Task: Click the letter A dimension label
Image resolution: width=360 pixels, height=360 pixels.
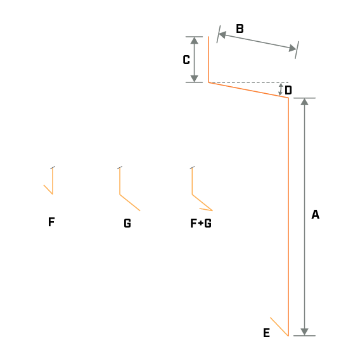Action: [315, 214]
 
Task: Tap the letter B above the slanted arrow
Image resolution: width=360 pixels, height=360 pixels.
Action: [240, 29]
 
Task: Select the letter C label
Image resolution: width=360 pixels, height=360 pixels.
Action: [186, 60]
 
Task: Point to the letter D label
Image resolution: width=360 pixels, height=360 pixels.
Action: [288, 90]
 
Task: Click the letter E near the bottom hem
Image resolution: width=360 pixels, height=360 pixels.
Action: [266, 333]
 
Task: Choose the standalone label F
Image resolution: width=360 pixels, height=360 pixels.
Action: [51, 222]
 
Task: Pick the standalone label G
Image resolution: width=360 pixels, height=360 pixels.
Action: [127, 223]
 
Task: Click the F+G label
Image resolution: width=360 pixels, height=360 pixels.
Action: [201, 223]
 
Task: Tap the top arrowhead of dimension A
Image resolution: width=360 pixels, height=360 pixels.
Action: [304, 101]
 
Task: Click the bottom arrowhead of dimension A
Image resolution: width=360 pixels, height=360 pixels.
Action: [304, 332]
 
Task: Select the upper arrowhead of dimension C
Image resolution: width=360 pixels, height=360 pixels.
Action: [194, 41]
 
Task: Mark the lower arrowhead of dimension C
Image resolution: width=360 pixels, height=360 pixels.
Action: [194, 79]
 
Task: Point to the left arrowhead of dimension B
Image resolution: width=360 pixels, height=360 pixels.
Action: [222, 35]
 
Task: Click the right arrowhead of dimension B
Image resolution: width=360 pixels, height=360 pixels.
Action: [293, 48]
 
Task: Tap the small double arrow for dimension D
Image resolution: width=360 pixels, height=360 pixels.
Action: [280, 89]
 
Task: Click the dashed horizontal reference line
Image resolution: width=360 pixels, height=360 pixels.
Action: [248, 82]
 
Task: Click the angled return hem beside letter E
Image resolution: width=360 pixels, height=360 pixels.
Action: [279, 326]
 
